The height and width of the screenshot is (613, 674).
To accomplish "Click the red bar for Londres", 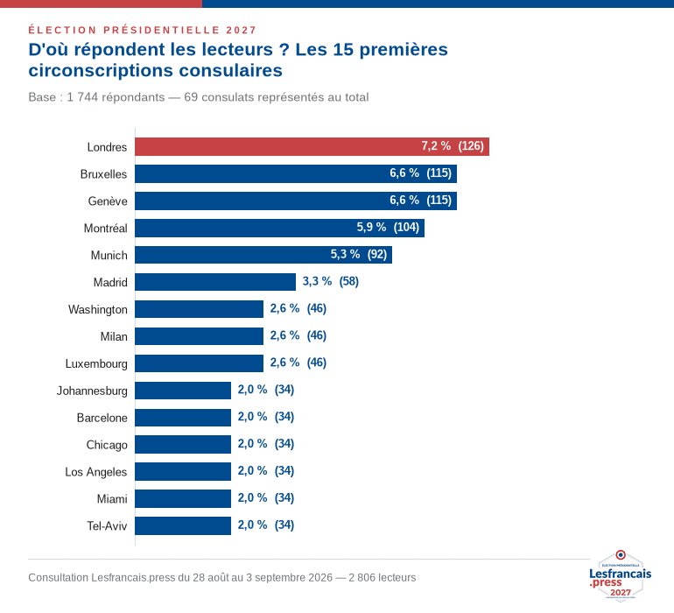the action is point(312,147).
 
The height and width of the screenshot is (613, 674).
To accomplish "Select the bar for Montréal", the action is point(280,228).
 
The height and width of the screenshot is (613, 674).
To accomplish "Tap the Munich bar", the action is point(263,255).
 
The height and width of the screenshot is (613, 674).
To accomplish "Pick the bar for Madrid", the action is point(215,282).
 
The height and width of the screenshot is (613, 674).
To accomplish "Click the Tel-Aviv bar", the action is point(183,525).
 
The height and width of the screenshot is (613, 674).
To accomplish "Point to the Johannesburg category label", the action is point(92,391).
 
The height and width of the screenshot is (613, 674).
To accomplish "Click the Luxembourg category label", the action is point(96,364).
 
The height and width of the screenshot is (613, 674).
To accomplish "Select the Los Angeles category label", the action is point(96,472).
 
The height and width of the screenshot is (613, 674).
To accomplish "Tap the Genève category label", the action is point(108,201).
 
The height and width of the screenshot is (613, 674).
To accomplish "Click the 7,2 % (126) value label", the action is point(453,146).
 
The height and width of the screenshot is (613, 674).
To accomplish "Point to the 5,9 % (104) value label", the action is point(388,227).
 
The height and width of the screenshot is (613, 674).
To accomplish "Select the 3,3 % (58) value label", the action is point(331,281).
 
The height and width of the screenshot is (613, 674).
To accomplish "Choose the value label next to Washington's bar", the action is point(298,308).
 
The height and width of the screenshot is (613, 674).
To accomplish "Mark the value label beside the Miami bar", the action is point(266,497).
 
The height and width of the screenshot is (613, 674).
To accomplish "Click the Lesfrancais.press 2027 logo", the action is point(621,575).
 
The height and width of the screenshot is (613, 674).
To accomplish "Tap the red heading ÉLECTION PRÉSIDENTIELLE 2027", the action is point(143,30).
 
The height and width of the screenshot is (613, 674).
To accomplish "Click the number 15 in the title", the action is point(343,49).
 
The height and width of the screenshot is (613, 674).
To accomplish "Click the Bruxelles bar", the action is point(296,173).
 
